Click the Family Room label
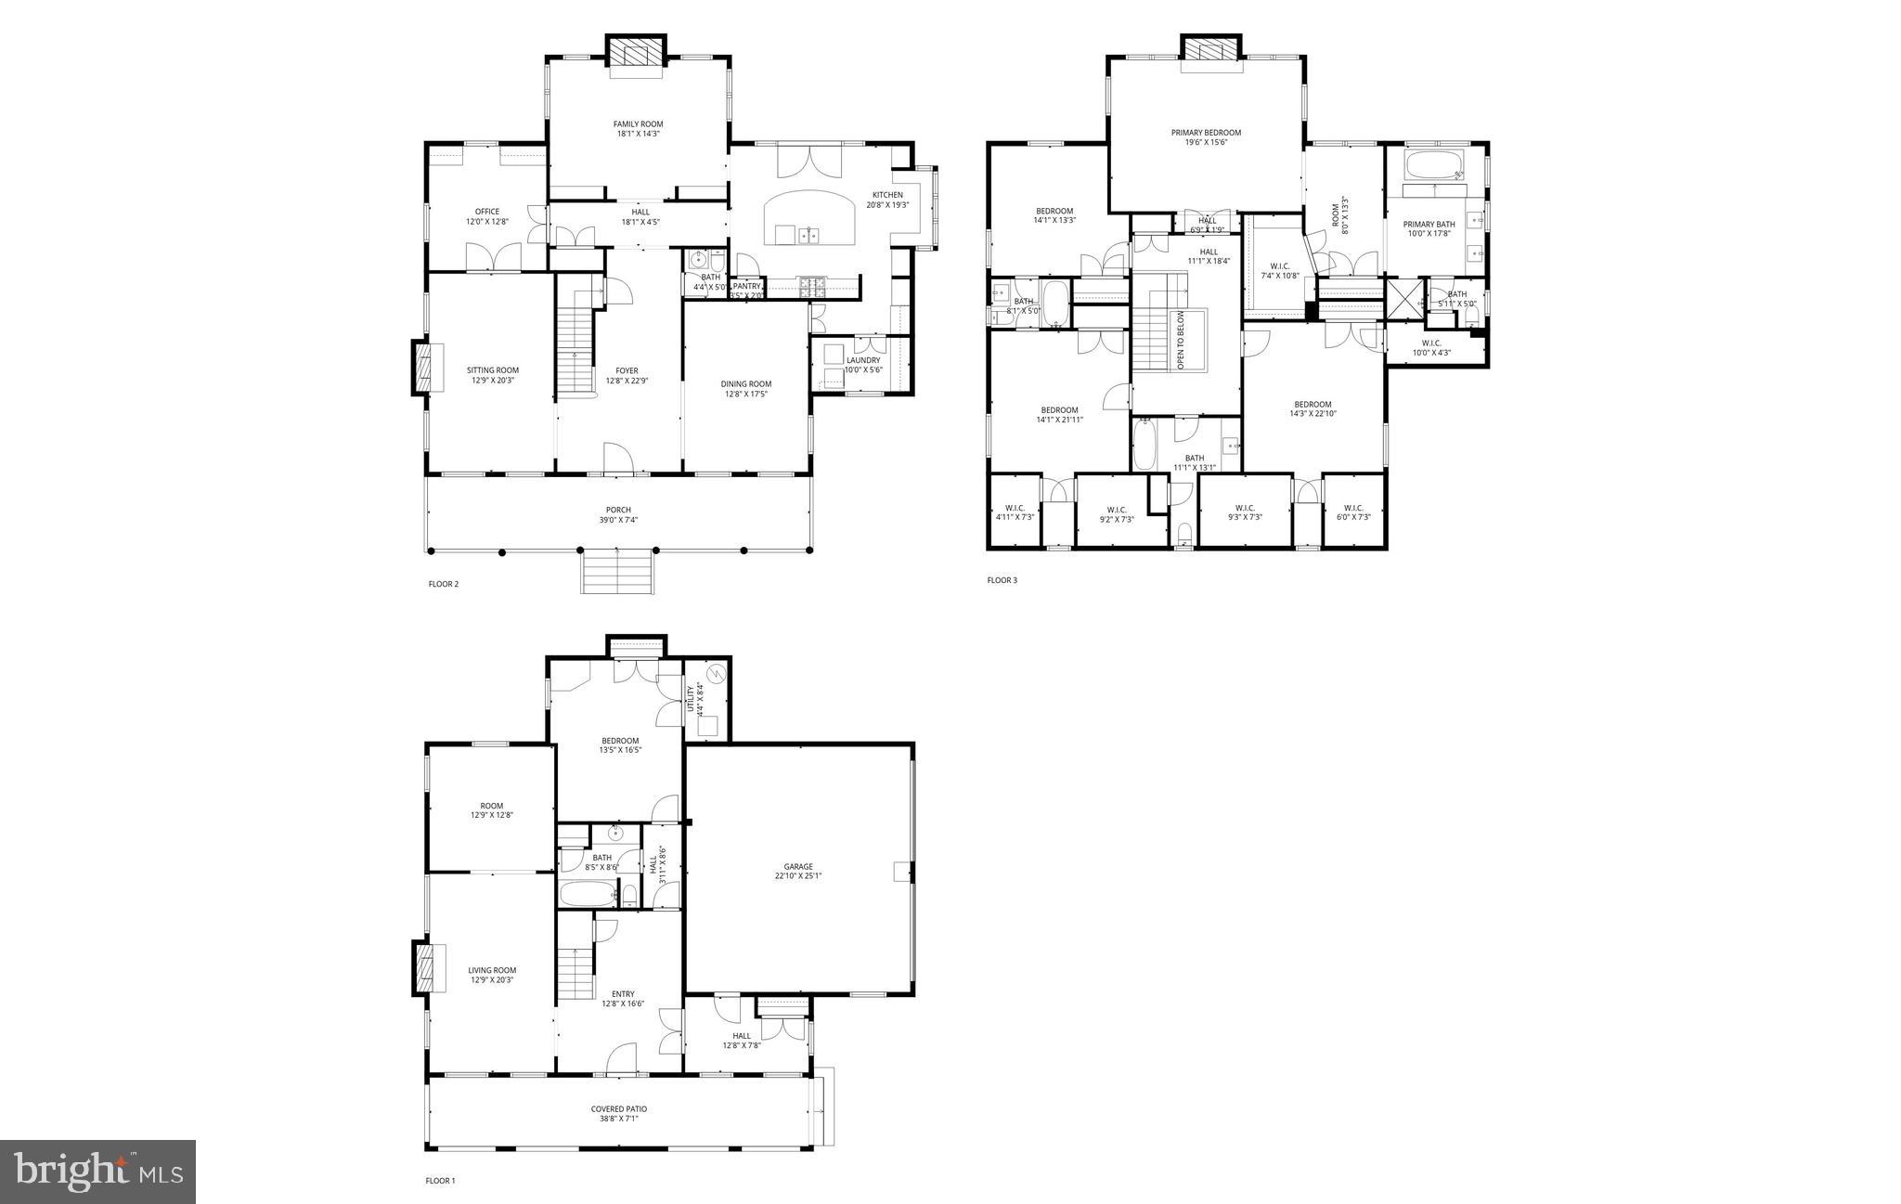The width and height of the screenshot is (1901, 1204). click(x=638, y=124)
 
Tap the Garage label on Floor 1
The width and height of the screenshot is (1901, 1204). click(x=797, y=867)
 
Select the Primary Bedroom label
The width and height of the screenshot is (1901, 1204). click(x=1206, y=133)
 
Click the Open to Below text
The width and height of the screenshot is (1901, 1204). click(x=1182, y=341)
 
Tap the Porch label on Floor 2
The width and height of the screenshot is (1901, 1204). click(x=618, y=510)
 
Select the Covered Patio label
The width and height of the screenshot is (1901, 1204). click(x=618, y=1109)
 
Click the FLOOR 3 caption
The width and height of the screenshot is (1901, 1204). click(x=1002, y=581)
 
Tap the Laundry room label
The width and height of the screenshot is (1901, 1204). click(x=862, y=360)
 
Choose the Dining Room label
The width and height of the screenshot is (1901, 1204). click(x=745, y=384)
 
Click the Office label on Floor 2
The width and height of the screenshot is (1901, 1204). click(x=487, y=212)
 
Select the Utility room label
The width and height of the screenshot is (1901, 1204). click(x=691, y=697)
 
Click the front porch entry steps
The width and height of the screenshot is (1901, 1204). click(x=617, y=570)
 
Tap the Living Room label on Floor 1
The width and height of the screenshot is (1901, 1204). click(x=492, y=970)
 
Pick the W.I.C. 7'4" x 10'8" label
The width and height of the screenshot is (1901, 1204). click(x=1278, y=266)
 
